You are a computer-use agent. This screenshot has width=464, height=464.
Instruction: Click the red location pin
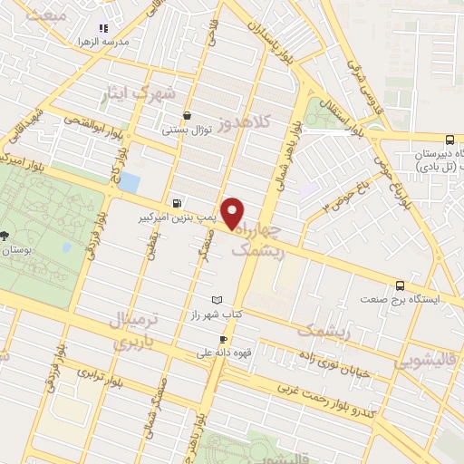[233, 214]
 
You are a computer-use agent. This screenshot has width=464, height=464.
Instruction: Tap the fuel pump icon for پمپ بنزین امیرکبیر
[176, 203]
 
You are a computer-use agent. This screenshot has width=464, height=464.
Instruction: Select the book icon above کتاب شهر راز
[215, 299]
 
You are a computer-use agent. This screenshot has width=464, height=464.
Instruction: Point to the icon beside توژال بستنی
[187, 116]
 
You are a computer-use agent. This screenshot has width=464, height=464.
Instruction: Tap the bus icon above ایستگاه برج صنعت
[400, 285]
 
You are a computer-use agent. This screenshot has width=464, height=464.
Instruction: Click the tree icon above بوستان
[6, 235]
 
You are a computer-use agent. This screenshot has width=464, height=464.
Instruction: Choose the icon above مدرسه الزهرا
[102, 28]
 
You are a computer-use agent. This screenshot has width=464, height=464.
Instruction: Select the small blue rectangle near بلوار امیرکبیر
[130, 181]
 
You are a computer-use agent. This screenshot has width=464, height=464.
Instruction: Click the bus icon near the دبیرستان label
[450, 140]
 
